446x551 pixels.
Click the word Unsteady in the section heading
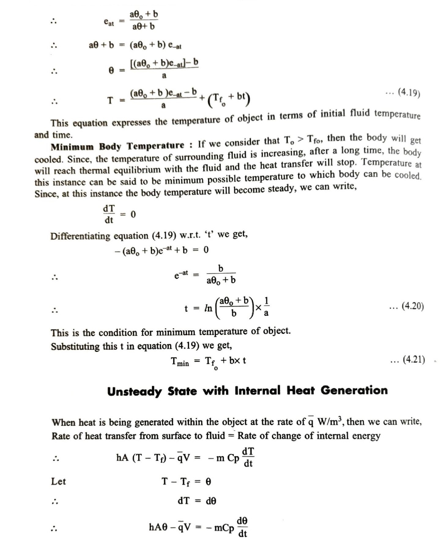coord(134,391)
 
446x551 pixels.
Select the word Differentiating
coord(81,236)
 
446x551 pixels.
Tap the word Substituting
coord(75,347)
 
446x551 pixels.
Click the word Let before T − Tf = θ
coord(58,481)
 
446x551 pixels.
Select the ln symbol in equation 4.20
coord(208,308)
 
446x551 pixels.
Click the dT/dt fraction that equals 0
coord(109,214)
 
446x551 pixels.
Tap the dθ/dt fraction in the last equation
coord(242,527)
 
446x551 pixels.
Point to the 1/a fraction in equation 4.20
coord(266,307)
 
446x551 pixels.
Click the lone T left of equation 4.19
coord(110,100)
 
